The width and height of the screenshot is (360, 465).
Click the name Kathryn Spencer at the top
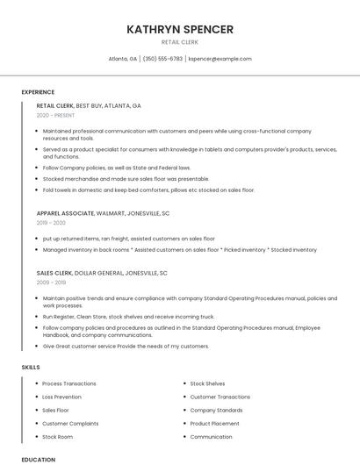point(180,29)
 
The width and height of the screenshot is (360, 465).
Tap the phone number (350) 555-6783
point(162,59)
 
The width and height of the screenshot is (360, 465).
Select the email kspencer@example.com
point(220,59)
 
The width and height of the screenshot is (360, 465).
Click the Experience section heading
point(38,92)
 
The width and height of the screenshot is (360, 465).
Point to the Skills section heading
point(31,367)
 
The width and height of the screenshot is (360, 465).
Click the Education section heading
point(39,459)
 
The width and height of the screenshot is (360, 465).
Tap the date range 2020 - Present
point(55,115)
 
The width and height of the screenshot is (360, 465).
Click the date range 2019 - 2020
point(51,223)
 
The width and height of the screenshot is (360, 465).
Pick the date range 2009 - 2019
point(51,283)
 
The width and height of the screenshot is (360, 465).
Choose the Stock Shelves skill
point(207,383)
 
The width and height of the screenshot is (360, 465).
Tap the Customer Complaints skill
point(71,423)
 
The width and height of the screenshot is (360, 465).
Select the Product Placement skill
point(214,423)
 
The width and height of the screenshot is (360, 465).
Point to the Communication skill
point(211,436)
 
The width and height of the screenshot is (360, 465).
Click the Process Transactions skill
point(69,383)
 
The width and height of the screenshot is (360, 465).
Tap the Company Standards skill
point(216,410)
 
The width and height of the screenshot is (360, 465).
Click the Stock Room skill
point(58,436)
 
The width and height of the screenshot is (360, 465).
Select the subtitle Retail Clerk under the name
point(180,42)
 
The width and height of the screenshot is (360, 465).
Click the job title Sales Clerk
point(53,273)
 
